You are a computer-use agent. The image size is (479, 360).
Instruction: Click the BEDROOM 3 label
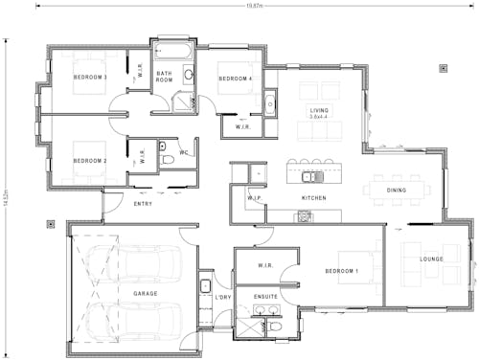pos(91,77)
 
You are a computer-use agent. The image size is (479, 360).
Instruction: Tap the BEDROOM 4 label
pos(235,79)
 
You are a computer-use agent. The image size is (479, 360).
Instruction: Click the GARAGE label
pos(146,293)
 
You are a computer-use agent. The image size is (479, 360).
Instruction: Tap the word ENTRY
pos(143,204)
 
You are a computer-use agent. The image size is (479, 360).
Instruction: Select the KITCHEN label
pos(315,197)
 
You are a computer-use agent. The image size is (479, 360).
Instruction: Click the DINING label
pos(397,190)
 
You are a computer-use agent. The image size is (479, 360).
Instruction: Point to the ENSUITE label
pos(266,297)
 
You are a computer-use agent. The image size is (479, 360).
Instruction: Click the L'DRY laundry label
pos(223,297)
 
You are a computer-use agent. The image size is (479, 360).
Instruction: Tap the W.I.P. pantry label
pos(255,197)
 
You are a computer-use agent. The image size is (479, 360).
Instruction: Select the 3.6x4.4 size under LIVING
pos(318,118)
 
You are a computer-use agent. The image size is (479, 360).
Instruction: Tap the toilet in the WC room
pos(166,159)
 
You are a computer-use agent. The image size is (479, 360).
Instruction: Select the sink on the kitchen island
pos(309,176)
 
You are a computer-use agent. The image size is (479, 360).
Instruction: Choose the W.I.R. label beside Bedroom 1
pos(266,265)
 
